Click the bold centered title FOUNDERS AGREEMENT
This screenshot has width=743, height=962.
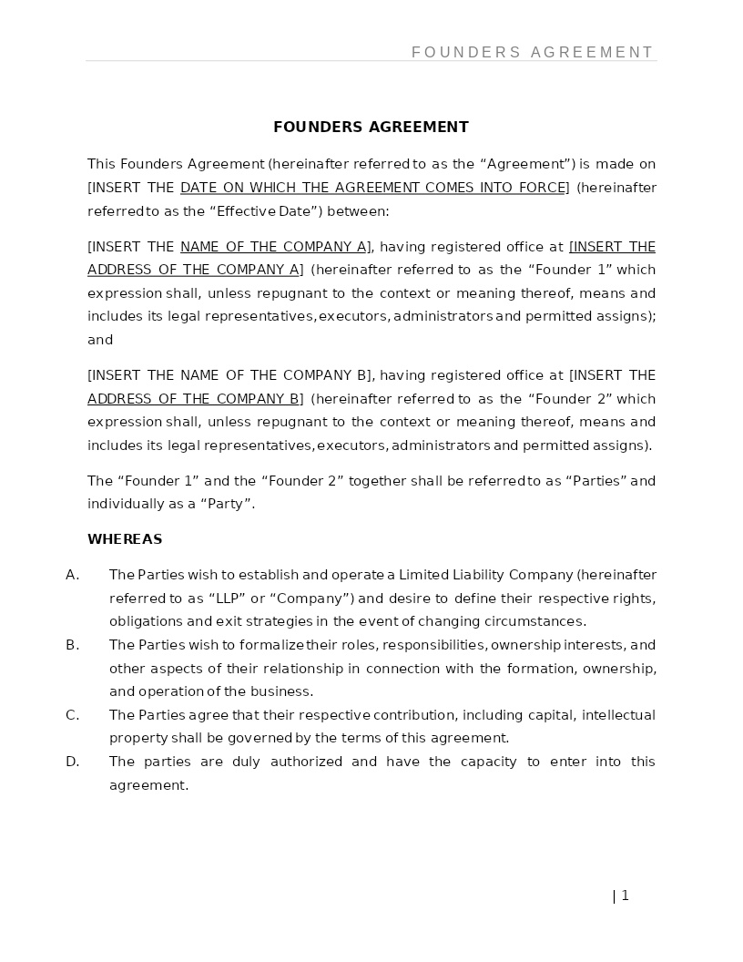[x=371, y=127]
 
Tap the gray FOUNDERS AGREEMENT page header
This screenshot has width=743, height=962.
[x=533, y=53]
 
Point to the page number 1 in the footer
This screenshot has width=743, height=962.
[x=625, y=895]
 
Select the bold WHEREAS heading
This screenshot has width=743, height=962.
[x=125, y=539]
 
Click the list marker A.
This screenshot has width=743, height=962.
[x=72, y=575]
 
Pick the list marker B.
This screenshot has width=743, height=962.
[x=72, y=645]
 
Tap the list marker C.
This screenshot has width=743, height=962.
[x=72, y=715]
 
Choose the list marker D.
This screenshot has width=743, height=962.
[x=72, y=762]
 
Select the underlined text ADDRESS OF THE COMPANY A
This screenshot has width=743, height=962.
[x=193, y=270]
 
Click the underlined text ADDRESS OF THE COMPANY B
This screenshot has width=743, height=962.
[x=193, y=399]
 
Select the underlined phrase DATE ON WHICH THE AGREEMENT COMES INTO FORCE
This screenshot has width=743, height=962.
[x=373, y=188]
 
